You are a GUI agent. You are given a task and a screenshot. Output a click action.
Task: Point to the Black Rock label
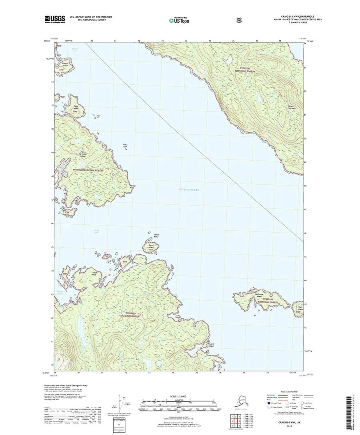[x=125, y=146]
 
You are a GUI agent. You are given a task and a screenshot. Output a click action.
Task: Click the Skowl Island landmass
[x=151, y=245]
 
